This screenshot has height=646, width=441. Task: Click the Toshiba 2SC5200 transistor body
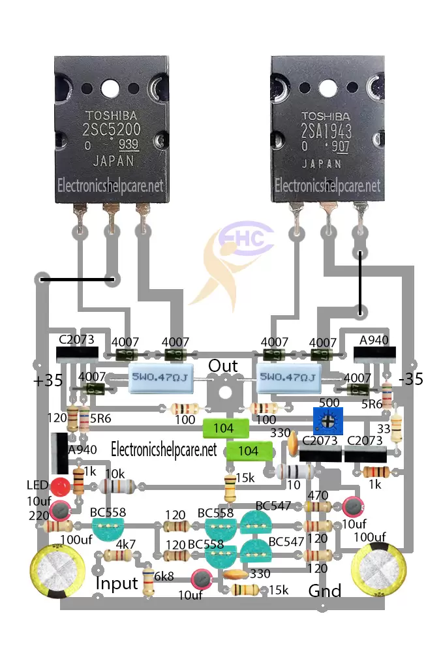[111, 131]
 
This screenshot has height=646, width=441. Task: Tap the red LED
[60, 486]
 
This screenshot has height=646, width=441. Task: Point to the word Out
[223, 366]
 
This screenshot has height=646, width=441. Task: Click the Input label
[117, 583]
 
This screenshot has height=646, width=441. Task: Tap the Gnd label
[325, 591]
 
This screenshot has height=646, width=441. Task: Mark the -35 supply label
[411, 378]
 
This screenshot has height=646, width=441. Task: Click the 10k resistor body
[117, 486]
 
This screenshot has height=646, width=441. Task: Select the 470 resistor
[317, 506]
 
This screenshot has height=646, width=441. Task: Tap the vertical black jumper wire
[359, 281]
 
